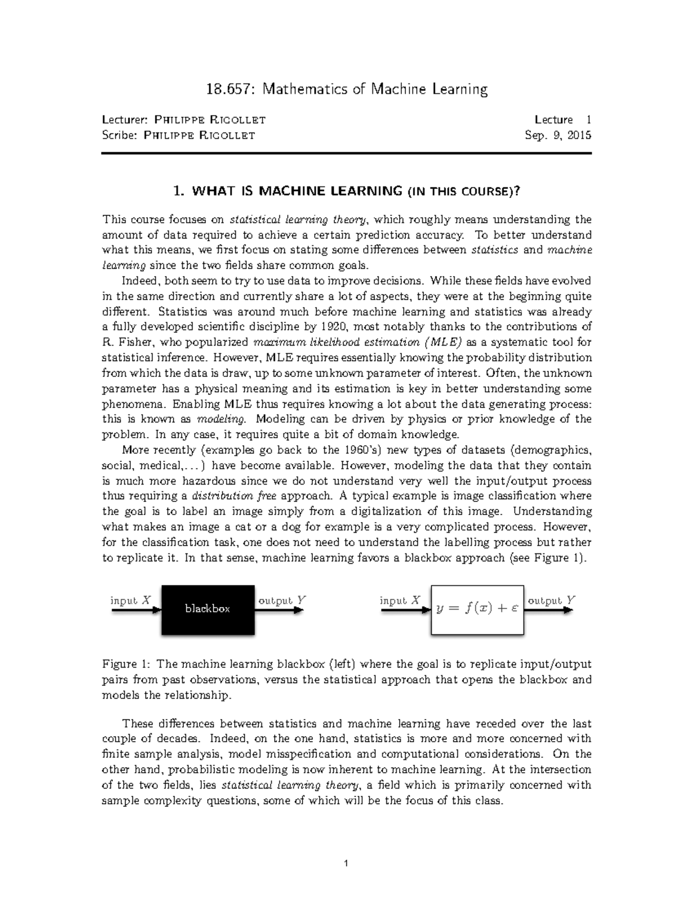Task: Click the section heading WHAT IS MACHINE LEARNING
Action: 297,191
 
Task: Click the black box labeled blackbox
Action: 208,609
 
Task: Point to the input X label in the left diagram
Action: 131,600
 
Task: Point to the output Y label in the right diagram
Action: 552,600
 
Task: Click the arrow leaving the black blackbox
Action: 280,610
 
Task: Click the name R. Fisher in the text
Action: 127,342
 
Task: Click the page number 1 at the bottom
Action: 346,864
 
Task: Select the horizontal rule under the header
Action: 346,154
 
